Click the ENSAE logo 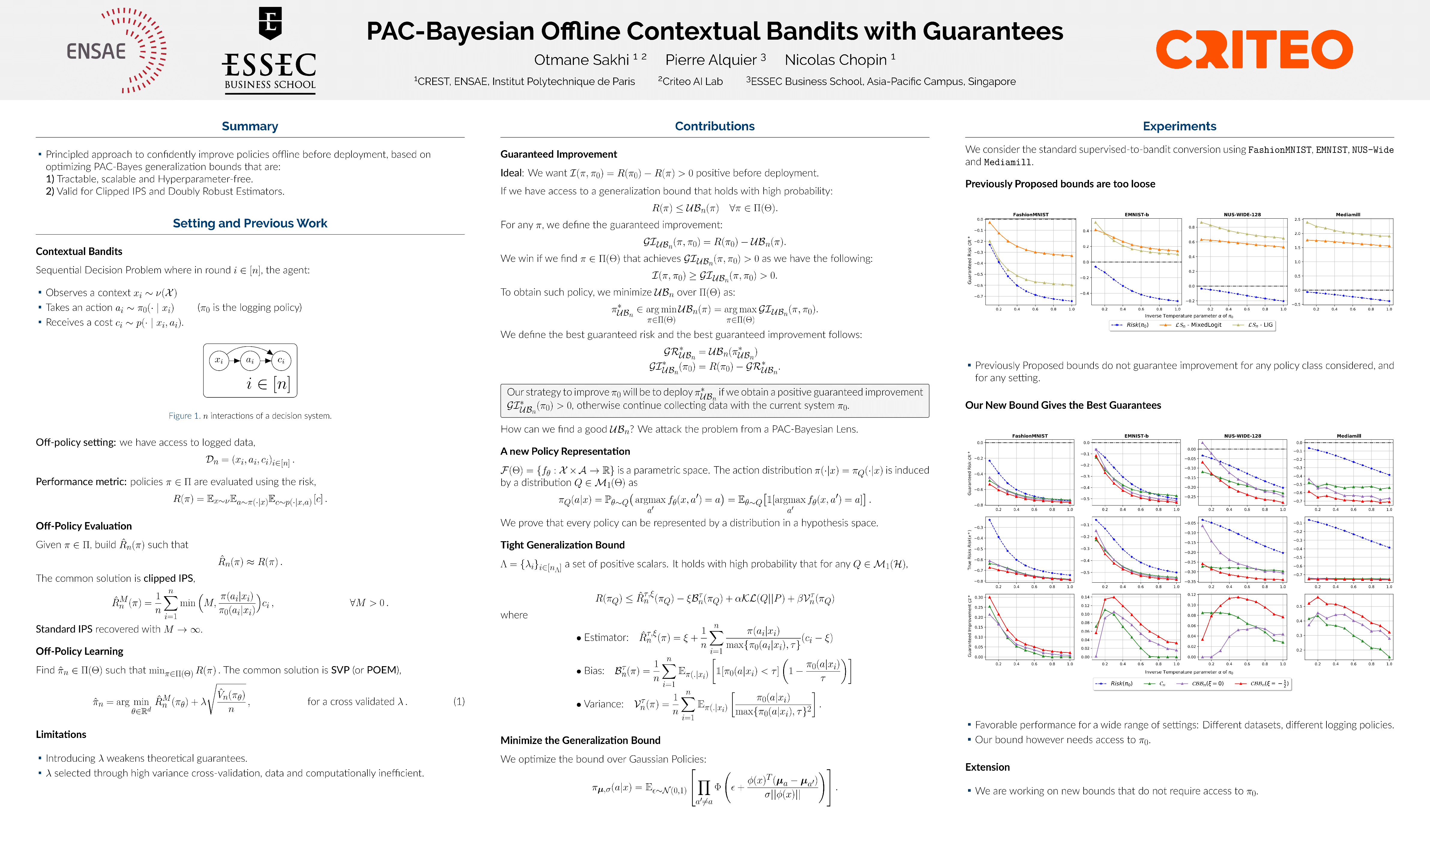pyautogui.click(x=116, y=50)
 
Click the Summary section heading pyautogui.click(x=249, y=126)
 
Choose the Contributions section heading pyautogui.click(x=714, y=126)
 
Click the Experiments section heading pyautogui.click(x=1179, y=126)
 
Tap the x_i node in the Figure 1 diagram pyautogui.click(x=219, y=360)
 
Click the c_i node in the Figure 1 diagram pyautogui.click(x=281, y=360)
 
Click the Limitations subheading pyautogui.click(x=61, y=734)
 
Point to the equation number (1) pyautogui.click(x=458, y=701)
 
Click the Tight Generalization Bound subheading pyautogui.click(x=563, y=545)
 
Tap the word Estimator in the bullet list pyautogui.click(x=606, y=637)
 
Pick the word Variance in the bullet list pyautogui.click(x=604, y=704)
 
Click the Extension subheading pyautogui.click(x=987, y=767)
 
